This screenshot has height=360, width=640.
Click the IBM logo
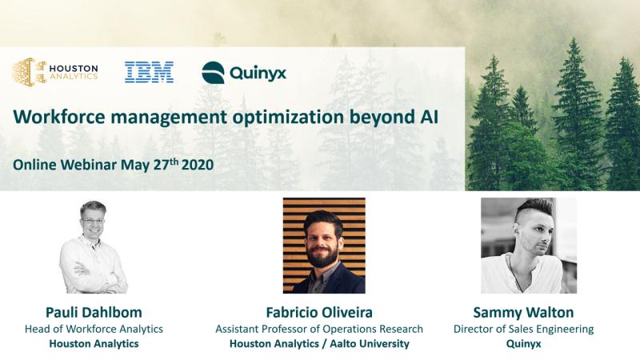(149, 73)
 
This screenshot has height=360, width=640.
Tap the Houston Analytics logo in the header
(55, 72)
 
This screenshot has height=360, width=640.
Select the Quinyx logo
(244, 73)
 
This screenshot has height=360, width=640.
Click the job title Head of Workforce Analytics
(94, 329)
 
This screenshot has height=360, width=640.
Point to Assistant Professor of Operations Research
(319, 329)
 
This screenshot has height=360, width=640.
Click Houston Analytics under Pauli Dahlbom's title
(94, 344)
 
